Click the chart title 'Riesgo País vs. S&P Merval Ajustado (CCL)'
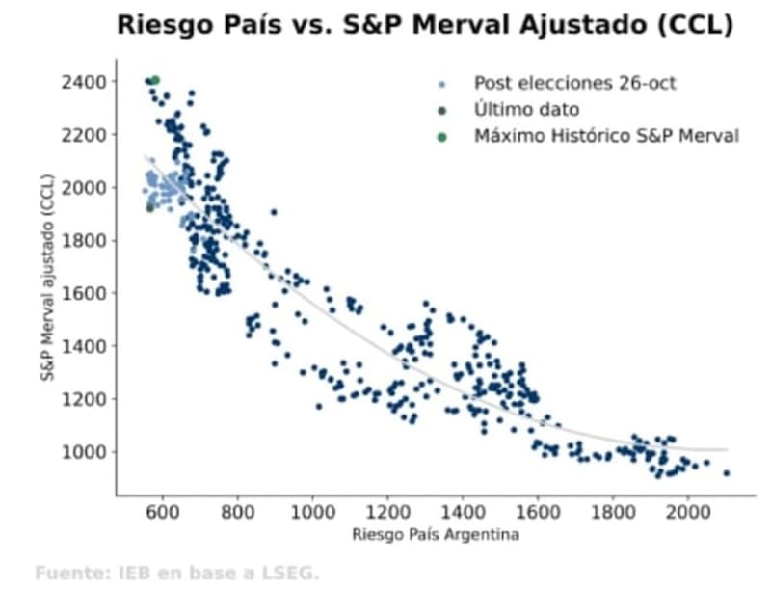(x=425, y=26)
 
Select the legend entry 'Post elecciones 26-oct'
(x=574, y=83)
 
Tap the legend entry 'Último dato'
(x=526, y=110)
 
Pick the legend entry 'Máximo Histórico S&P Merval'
(x=606, y=136)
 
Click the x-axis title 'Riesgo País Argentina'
(x=436, y=534)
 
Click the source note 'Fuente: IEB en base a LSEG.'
(x=176, y=573)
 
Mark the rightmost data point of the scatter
(x=727, y=472)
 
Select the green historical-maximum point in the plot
(x=155, y=80)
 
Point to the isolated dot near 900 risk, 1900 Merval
(x=274, y=212)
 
